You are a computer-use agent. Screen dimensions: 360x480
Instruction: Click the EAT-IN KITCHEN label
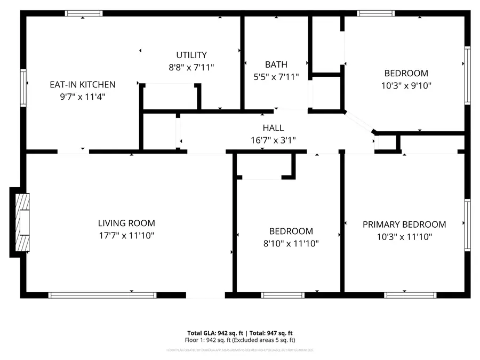(83, 84)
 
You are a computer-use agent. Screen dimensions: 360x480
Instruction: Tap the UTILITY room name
(191, 55)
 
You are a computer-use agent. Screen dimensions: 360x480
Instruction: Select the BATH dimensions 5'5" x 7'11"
(276, 77)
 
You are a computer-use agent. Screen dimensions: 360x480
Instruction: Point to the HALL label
(273, 128)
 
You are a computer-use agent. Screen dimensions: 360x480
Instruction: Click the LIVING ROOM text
(126, 223)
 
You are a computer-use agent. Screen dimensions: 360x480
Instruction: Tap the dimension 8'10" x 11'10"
(291, 244)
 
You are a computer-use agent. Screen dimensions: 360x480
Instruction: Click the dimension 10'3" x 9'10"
(406, 85)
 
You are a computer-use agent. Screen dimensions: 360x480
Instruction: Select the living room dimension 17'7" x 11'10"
(126, 235)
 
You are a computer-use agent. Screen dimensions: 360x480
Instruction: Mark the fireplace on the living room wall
(21, 222)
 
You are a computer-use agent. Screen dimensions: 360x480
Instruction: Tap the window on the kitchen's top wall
(83, 13)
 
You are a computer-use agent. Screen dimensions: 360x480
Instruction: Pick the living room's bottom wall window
(102, 294)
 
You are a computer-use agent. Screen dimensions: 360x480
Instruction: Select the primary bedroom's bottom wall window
(404, 294)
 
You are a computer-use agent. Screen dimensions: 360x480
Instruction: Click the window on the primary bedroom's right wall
(467, 224)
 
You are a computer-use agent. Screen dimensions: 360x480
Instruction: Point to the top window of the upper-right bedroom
(376, 13)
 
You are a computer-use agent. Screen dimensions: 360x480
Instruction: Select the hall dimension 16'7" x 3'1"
(273, 140)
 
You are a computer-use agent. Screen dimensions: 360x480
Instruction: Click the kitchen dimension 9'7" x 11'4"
(83, 97)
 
